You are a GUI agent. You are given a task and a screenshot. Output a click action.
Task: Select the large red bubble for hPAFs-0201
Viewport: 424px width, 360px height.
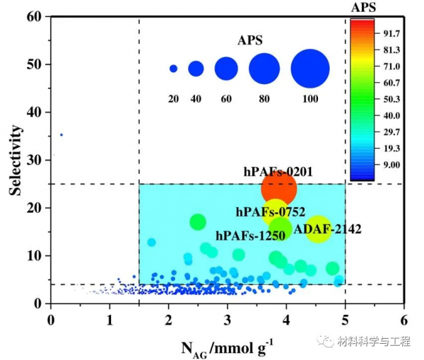tap(279, 188)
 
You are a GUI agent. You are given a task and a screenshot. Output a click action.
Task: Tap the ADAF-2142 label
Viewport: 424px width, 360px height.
tap(328, 229)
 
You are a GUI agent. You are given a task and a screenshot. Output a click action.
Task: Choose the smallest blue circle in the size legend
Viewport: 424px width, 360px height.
tap(173, 69)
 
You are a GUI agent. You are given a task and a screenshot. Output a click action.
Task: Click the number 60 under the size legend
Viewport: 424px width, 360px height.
tap(226, 98)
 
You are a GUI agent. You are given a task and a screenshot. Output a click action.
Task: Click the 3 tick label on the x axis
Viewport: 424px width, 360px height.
tap(227, 320)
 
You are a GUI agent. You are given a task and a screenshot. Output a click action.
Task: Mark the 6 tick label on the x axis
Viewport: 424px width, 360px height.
tap(404, 320)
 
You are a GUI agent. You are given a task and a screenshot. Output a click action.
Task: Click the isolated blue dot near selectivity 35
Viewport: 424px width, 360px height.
tap(61, 134)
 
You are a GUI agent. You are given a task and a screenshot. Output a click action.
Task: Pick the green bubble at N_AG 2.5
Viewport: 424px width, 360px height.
tap(198, 221)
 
